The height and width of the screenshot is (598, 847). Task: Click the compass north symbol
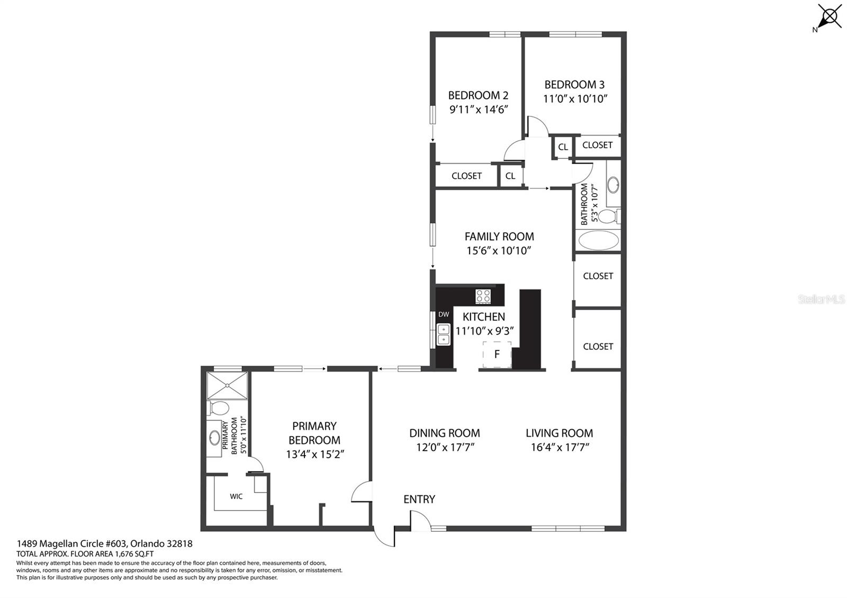(829, 17)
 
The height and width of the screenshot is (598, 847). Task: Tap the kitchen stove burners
(483, 296)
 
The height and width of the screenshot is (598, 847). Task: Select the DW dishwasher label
(444, 314)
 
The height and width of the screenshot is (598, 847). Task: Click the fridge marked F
(497, 354)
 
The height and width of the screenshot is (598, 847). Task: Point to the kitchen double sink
(444, 334)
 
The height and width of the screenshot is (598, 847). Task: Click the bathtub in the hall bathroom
(598, 240)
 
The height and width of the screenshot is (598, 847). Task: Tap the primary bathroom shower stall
(227, 385)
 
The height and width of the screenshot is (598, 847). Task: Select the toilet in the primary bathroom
(218, 408)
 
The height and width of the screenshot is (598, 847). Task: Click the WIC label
(236, 496)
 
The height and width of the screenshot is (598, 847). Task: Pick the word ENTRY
(419, 500)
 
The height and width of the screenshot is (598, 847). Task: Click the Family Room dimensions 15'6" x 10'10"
(499, 251)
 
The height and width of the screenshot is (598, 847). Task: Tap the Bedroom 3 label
(574, 84)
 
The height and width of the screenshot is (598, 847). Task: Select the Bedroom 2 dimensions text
(479, 110)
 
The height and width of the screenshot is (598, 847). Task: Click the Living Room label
(559, 433)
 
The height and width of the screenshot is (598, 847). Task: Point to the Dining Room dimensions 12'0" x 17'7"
(445, 448)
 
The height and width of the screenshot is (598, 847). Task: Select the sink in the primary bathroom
(215, 438)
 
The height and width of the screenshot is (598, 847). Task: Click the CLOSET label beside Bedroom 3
(597, 145)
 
